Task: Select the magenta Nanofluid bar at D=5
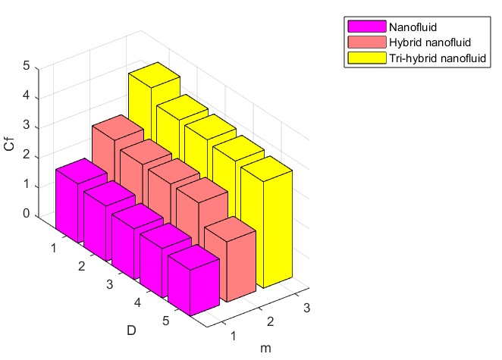(193, 284)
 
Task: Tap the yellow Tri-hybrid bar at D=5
(265, 227)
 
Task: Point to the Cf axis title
(8, 141)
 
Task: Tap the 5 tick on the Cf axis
(26, 66)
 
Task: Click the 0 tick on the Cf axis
(26, 214)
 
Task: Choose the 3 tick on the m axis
(305, 308)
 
